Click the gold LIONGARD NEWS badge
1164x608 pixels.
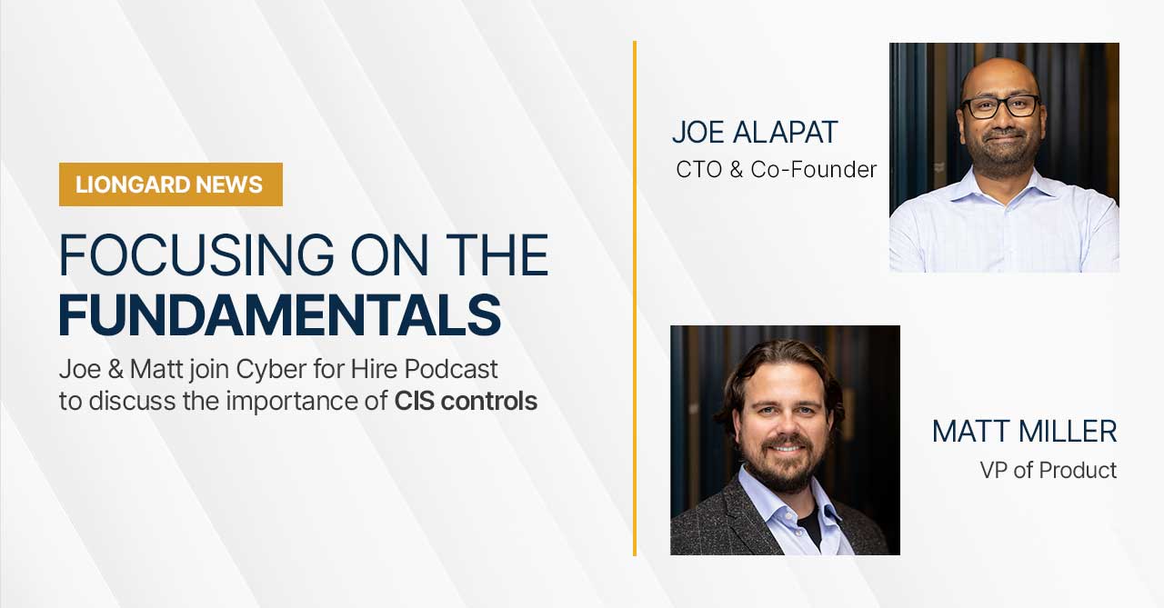[x=170, y=184]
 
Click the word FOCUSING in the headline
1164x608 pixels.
[x=196, y=255]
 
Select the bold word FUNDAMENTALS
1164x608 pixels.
[x=279, y=315]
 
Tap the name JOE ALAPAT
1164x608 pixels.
[x=755, y=132]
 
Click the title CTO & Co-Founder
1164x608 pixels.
[x=776, y=170]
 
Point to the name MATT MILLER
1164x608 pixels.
[x=1024, y=432]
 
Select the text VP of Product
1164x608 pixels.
[x=1049, y=471]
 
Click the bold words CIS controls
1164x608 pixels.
[x=466, y=402]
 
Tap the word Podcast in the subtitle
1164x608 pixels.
[x=451, y=369]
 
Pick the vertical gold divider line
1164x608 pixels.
[x=635, y=298]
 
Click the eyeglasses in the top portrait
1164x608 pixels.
[x=1000, y=107]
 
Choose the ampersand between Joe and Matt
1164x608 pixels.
[x=115, y=370]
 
